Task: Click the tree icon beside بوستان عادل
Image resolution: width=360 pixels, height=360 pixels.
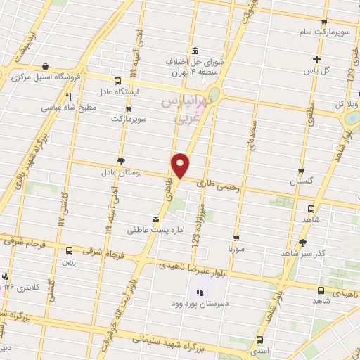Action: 121,161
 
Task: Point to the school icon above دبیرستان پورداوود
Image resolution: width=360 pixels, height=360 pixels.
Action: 199,292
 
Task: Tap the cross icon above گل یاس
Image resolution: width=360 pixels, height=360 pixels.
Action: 317,59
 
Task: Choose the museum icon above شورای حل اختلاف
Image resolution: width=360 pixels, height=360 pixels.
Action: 195,51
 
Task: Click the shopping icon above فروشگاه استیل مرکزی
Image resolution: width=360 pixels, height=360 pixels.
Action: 45,67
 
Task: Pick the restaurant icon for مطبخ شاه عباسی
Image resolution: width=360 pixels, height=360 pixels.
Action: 68,97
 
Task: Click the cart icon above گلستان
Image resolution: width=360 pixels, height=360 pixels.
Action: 301,171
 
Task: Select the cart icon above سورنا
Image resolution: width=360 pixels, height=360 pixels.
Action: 236,238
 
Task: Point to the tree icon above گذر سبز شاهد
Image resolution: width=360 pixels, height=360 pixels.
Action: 302,242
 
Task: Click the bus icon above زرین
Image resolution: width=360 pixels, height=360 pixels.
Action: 68,250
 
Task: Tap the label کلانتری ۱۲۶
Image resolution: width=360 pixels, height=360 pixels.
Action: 19,288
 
